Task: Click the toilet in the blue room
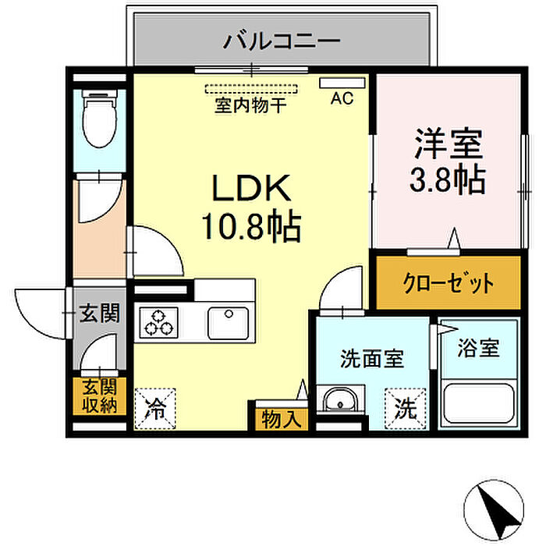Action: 99,119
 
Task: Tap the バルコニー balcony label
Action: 282,41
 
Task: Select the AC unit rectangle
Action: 342,83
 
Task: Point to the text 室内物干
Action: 250,105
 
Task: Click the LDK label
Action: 251,188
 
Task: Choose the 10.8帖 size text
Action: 251,226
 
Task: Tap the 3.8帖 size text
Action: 448,179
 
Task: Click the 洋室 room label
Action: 448,143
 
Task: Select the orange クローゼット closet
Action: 448,282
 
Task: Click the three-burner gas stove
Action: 158,322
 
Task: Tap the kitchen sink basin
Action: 228,323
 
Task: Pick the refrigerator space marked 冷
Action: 155,409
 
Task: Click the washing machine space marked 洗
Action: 406,409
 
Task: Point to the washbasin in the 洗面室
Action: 340,399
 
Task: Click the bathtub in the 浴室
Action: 478,403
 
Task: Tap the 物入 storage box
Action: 282,419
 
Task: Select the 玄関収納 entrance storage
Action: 100,396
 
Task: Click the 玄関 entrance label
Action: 100,313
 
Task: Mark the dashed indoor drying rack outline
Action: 251,89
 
